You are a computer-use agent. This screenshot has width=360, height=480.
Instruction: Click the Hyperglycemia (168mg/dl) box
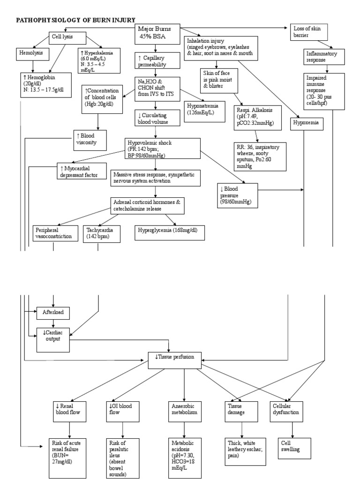[x=170, y=231]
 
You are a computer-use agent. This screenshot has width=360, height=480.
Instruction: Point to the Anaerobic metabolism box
[x=184, y=409]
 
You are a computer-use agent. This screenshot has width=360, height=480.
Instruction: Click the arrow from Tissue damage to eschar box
[x=241, y=429]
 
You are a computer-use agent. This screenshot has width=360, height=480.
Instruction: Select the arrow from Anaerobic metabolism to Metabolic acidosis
[x=184, y=429]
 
